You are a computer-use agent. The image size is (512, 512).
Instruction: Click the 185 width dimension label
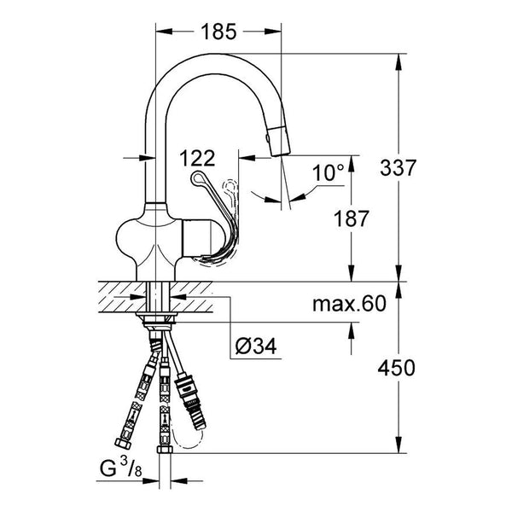tap(218, 32)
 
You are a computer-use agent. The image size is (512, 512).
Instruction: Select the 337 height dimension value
tap(398, 168)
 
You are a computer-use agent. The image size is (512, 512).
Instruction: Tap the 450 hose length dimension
tap(397, 368)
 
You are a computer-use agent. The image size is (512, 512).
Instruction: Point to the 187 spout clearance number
tap(351, 218)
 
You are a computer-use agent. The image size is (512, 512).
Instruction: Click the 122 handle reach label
tap(197, 158)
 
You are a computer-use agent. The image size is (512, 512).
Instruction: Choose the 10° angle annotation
tap(329, 172)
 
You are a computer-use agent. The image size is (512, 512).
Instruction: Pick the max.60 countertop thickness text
tap(349, 304)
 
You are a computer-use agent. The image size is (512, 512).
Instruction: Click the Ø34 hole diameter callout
tap(256, 346)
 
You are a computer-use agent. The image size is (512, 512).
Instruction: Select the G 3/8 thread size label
tap(121, 469)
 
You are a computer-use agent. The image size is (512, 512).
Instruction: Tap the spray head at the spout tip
tap(279, 141)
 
